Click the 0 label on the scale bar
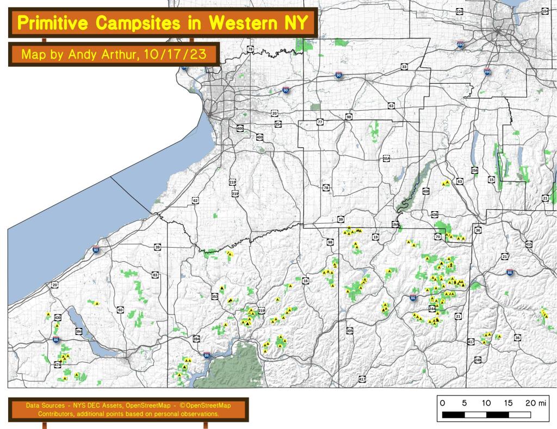coord(442,403)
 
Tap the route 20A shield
coord(387,159)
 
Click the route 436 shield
coord(435,214)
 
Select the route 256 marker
coord(474,170)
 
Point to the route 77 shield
coord(320,122)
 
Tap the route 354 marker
coord(278,124)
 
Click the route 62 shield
coord(195,200)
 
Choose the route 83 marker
coord(156,275)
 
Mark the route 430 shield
coord(58,317)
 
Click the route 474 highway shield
coord(58,365)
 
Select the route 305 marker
coord(349,330)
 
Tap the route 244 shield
coord(432,308)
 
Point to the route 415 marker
coord(529,245)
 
